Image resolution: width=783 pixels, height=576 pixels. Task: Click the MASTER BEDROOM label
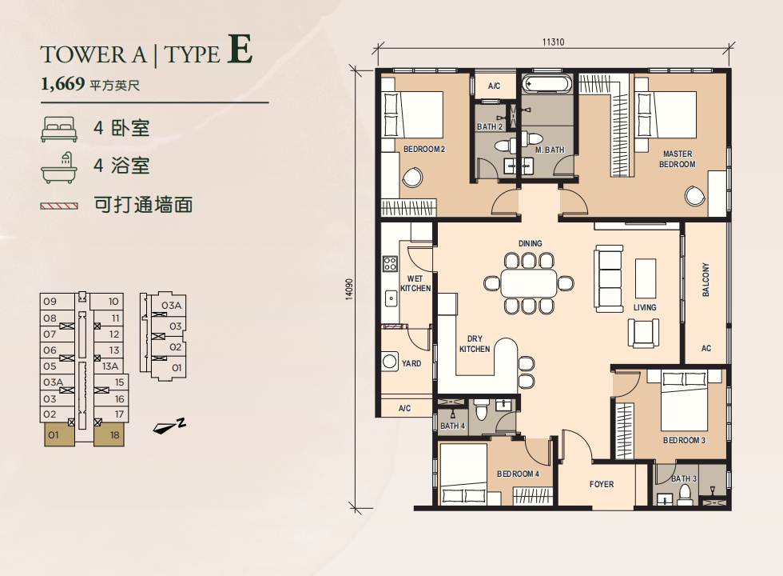[x=678, y=159]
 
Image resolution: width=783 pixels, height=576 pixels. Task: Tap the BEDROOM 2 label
[x=424, y=149]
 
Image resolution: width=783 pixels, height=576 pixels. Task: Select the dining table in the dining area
[x=529, y=283]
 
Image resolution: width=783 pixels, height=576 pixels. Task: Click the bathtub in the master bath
[x=547, y=83]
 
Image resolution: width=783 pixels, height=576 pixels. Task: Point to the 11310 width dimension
[x=553, y=42]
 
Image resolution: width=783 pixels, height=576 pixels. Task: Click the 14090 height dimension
[x=349, y=290]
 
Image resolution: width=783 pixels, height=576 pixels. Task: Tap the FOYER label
[x=601, y=484]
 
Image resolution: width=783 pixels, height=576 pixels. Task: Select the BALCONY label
[x=705, y=279]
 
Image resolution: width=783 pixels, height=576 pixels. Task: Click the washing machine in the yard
[x=390, y=362]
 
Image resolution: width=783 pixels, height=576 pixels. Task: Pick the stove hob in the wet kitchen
[x=390, y=263]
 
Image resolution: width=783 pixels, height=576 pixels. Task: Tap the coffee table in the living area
[x=646, y=278]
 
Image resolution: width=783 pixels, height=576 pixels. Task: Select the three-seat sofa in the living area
[x=609, y=279]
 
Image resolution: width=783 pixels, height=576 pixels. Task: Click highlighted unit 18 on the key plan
[x=109, y=434]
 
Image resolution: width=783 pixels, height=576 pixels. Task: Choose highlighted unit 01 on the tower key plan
[x=59, y=434]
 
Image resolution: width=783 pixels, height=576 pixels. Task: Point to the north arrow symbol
[x=169, y=426]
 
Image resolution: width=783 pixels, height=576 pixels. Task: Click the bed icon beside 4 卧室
[x=59, y=129]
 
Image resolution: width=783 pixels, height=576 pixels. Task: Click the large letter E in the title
[x=240, y=49]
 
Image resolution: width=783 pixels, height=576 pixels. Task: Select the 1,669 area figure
[x=63, y=83]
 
